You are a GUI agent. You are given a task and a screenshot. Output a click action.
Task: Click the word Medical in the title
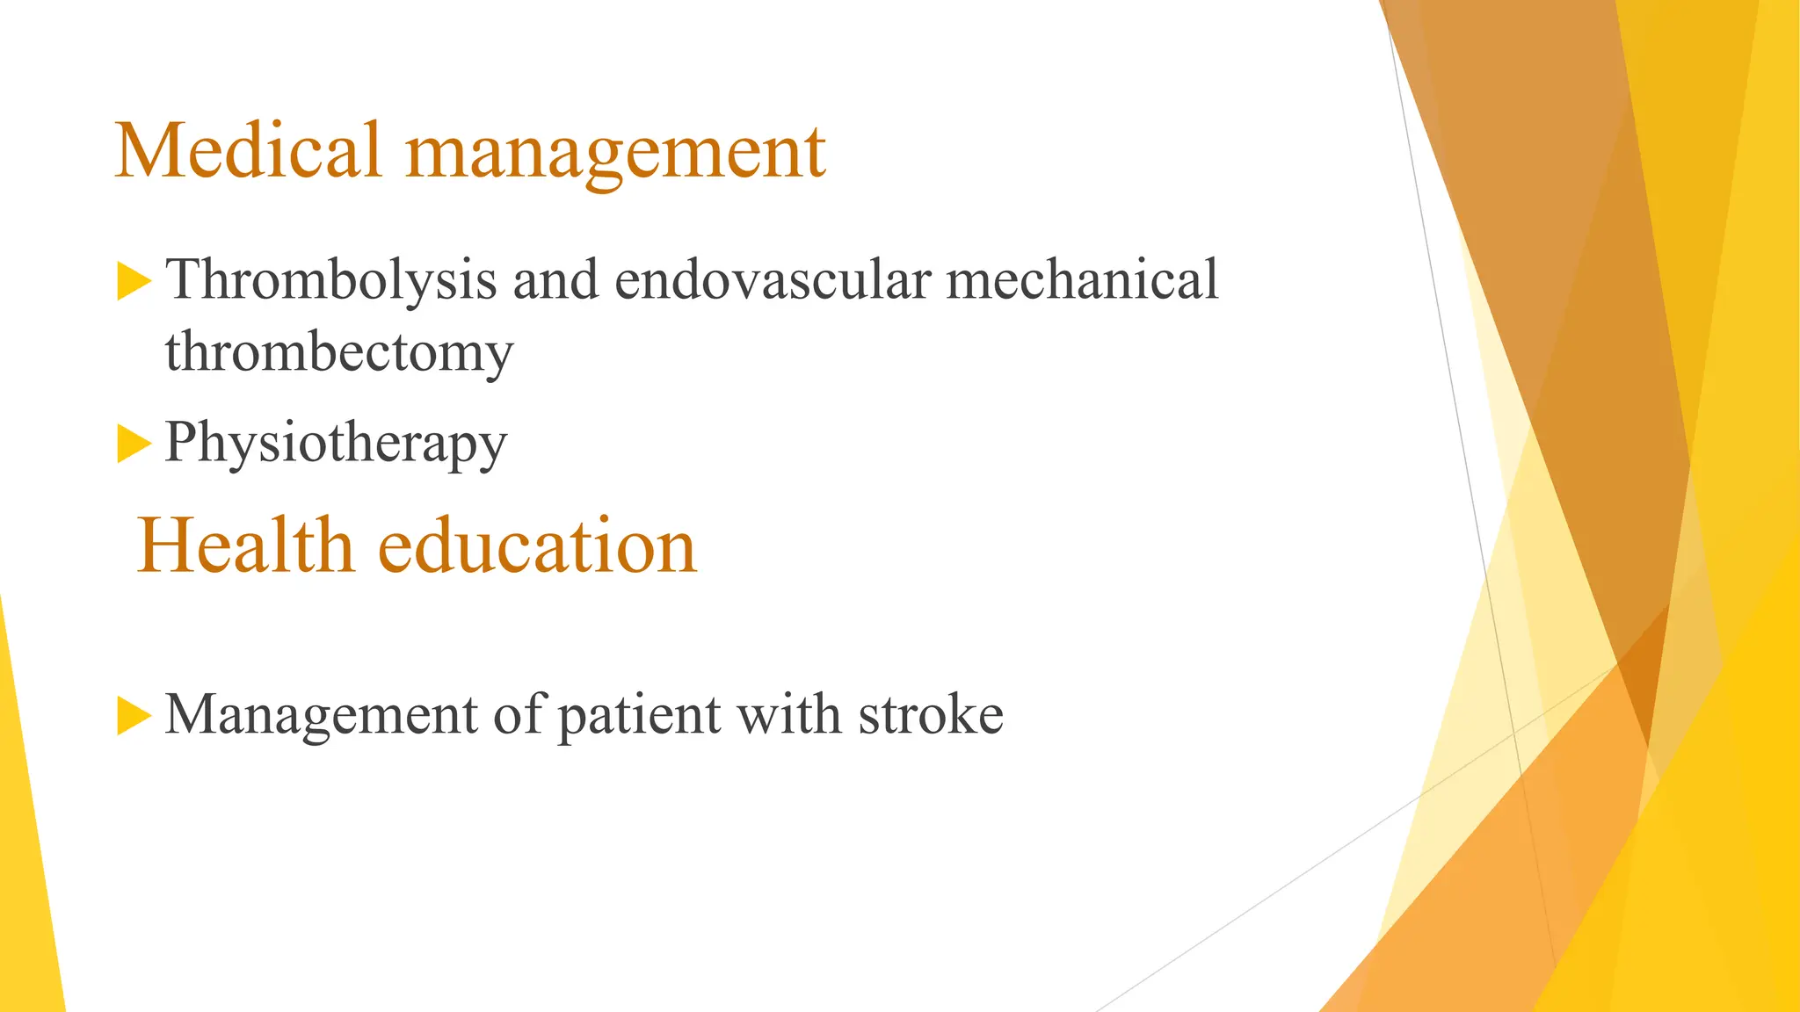248,151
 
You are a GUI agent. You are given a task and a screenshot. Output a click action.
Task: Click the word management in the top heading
615,154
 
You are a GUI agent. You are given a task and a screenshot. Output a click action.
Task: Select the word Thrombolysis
331,281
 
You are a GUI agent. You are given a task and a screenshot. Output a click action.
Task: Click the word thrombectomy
338,353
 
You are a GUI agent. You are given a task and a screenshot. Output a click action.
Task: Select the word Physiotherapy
336,444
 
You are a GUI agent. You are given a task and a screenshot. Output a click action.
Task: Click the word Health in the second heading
245,546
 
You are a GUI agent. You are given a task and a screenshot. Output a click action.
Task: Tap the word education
537,546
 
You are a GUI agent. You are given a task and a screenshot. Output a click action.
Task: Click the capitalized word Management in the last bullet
321,714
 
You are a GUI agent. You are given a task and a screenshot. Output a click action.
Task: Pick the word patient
640,716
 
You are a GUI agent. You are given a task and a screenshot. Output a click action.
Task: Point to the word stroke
931,714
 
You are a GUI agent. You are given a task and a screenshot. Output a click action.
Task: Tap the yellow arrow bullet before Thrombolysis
132,281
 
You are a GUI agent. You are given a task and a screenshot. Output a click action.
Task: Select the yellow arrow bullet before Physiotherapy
132,444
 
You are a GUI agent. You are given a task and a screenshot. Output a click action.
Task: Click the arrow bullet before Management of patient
132,716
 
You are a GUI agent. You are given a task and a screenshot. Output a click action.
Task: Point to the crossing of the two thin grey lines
1514,732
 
